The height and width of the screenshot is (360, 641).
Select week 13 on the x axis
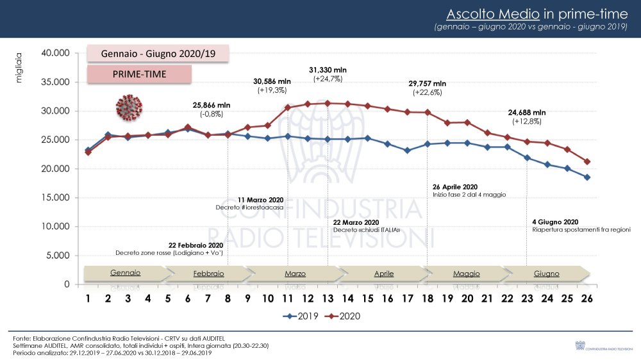click(x=328, y=299)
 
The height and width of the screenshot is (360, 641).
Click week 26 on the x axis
click(x=586, y=299)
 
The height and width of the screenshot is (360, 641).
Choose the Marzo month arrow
click(x=295, y=274)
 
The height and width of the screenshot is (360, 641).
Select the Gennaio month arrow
click(x=126, y=274)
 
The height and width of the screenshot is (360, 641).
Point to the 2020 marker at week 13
click(x=328, y=103)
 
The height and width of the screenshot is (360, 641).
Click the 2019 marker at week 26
click(x=587, y=177)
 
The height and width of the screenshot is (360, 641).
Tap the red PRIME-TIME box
click(x=139, y=74)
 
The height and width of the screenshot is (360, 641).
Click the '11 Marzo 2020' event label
click(x=260, y=200)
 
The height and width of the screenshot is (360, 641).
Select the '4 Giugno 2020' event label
click(x=555, y=222)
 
